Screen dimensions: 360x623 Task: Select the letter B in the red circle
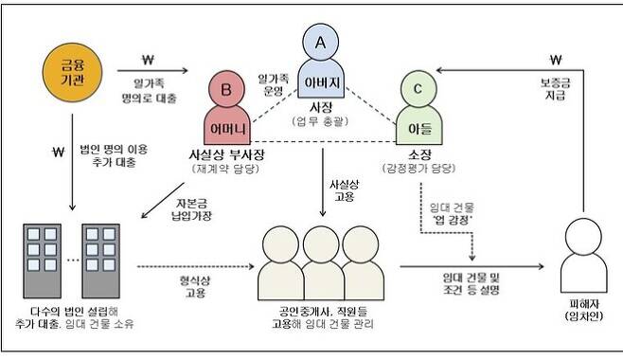click(227, 90)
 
